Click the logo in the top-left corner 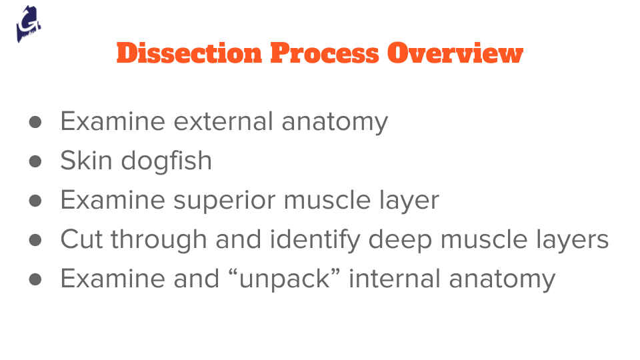29,25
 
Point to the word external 223,122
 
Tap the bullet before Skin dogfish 36,161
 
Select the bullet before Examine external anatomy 36,122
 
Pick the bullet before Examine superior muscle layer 36,201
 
